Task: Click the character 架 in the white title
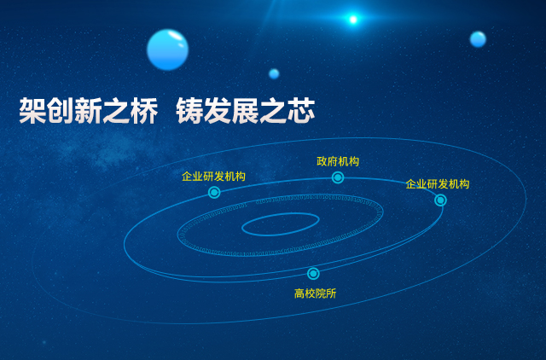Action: coord(32,111)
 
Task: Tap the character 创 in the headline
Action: coord(61,111)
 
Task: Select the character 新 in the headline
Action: coord(89,111)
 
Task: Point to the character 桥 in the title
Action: coord(144,111)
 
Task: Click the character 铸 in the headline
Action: coord(189,111)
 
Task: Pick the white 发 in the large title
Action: coord(218,111)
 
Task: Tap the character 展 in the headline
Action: coord(246,111)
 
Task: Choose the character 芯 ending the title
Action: coord(301,111)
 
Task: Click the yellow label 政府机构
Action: coord(338,161)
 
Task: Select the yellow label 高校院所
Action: coord(315,293)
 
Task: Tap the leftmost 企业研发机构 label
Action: coord(213,177)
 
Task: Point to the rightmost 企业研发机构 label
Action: coord(438,184)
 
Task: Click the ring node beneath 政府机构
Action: coord(338,177)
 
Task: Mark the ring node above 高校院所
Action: coord(313,274)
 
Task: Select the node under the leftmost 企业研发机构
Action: coord(214,192)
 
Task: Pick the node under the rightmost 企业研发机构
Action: coord(440,200)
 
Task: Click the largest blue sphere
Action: coord(167,49)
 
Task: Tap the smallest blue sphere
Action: coord(274,74)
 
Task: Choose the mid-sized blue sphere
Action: coord(478,39)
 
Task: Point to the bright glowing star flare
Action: coord(353,20)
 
